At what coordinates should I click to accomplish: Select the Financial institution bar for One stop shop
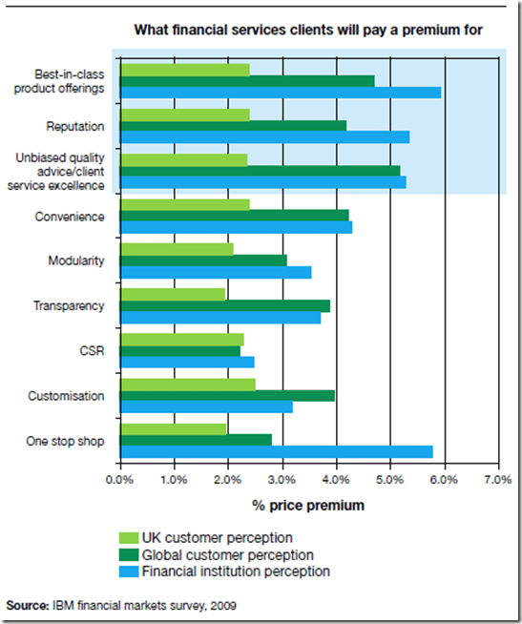276,451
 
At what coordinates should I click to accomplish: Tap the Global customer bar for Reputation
233,125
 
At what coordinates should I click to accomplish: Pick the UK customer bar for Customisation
187,384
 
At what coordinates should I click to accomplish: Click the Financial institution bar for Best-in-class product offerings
281,93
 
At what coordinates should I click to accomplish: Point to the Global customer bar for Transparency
224,305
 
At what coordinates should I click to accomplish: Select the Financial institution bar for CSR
187,362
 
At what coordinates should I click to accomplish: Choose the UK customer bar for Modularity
177,249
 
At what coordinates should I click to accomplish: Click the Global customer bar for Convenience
234,216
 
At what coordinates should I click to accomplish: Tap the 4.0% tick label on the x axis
335,480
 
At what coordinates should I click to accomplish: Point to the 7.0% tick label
497,480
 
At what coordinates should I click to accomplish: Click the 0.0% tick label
119,480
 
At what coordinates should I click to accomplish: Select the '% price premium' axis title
307,504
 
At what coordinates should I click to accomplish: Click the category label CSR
92,350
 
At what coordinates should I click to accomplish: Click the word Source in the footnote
26,605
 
